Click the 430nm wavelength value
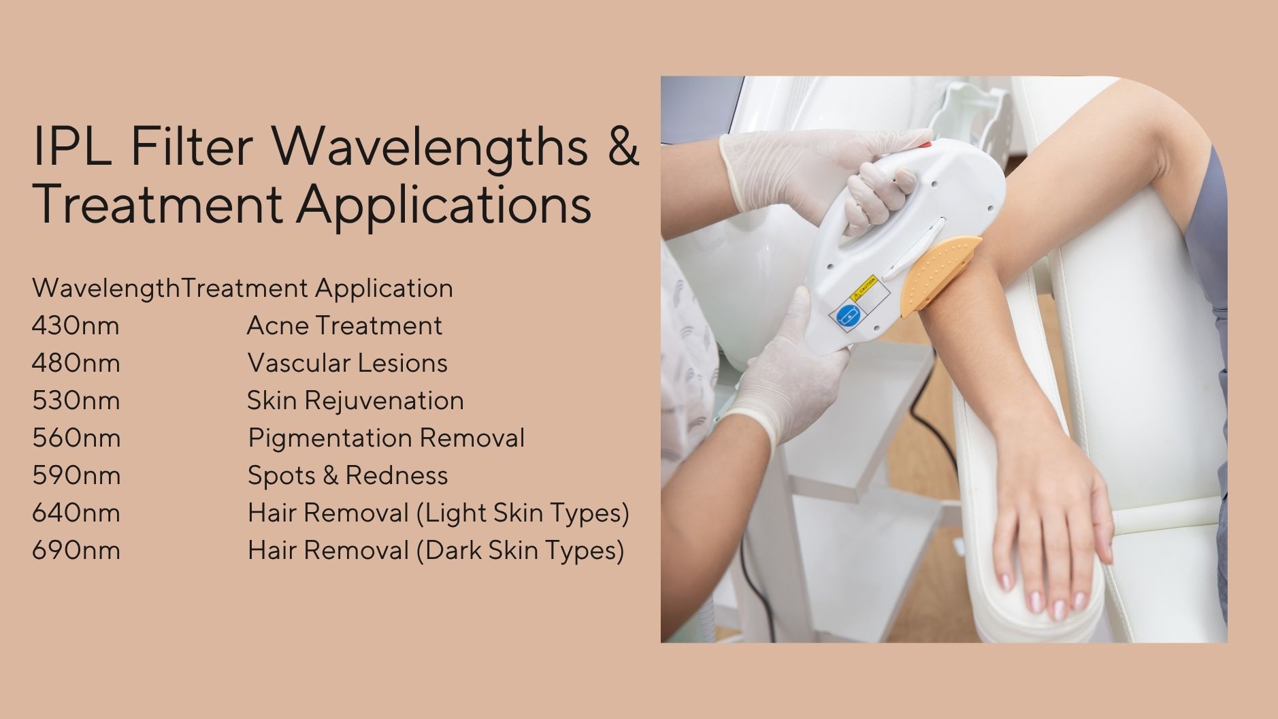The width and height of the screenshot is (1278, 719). (76, 326)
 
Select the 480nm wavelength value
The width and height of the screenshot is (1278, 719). (76, 364)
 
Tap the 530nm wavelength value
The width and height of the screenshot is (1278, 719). (76, 401)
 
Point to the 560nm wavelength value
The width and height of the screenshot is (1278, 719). (76, 438)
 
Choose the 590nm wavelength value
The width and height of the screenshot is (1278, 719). (76, 476)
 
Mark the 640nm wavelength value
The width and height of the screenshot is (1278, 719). (76, 513)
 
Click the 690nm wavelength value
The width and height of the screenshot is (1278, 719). (76, 551)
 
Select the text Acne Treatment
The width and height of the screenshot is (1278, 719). (344, 326)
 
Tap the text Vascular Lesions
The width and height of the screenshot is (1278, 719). (347, 364)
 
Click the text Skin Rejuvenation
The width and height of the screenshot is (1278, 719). (355, 401)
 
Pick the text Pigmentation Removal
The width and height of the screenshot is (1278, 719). (386, 438)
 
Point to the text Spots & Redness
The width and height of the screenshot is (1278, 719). (347, 476)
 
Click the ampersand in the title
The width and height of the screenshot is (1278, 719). (623, 146)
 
